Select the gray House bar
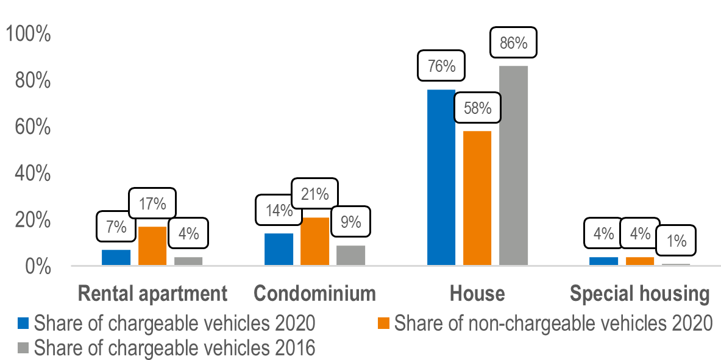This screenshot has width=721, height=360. pos(513,165)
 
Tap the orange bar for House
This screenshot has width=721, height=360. pos(477,198)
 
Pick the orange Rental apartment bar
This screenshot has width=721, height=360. pos(152,245)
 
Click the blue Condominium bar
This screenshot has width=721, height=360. pos(279,249)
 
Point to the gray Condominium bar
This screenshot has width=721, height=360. pos(351,255)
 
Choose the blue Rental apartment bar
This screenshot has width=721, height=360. pos(116,257)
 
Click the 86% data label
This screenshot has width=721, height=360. pos(513,43)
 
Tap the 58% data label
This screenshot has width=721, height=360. pos(477,108)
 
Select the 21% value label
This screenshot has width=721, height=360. pos(314,195)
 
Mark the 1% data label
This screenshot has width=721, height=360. pos(675,241)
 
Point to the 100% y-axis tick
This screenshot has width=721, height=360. pos(28,35)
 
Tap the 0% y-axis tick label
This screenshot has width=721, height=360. pos(36,267)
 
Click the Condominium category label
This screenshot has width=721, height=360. pos(314,294)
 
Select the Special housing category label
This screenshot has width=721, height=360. pos(639,294)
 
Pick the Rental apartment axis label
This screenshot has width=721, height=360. pos(152,294)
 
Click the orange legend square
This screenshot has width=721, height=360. pos(383,322)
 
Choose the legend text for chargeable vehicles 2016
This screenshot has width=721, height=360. pos(174,348)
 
